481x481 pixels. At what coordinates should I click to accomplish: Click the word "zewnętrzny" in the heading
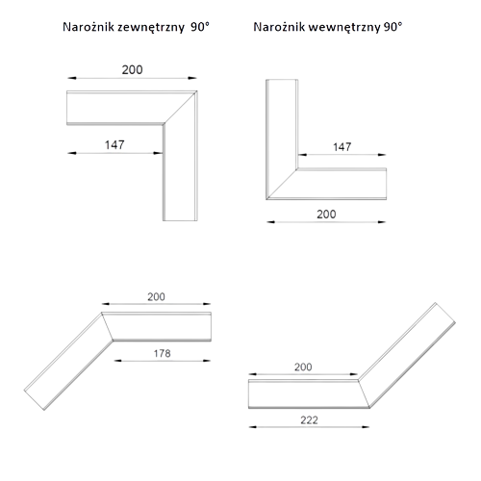coord(151,27)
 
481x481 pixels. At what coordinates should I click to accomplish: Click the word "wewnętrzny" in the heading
coord(344,27)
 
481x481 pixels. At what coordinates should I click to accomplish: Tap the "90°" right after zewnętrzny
coord(200,27)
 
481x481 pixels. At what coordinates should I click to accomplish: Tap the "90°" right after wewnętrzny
coord(392,27)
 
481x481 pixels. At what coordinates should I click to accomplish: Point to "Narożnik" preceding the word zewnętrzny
coord(89,27)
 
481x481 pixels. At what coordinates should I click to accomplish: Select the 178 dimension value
coord(162,353)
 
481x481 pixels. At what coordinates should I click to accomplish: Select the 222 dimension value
coord(309,420)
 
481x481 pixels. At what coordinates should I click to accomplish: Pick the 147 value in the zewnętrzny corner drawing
coord(114,145)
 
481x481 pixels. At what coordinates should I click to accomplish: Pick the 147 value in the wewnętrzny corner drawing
coord(342,147)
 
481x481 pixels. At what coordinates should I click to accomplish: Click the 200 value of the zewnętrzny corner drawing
coord(132,69)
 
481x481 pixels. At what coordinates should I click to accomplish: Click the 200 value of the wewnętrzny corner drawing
coord(326,215)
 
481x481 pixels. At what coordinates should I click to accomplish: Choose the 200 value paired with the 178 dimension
coord(156,297)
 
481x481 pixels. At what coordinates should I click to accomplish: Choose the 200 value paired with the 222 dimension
coord(303,367)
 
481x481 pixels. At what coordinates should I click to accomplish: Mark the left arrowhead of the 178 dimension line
coord(117,361)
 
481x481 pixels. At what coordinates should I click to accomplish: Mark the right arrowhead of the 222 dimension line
coord(366,427)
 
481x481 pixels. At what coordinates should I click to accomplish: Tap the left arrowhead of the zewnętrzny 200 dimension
coord(71,78)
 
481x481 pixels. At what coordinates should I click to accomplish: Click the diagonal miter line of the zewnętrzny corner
coord(180,108)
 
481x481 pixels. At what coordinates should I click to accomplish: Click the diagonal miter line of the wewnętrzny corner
coord(282,184)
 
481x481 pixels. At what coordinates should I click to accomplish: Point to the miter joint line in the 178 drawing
coord(107,326)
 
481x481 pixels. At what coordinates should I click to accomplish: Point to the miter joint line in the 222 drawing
coord(364,394)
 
